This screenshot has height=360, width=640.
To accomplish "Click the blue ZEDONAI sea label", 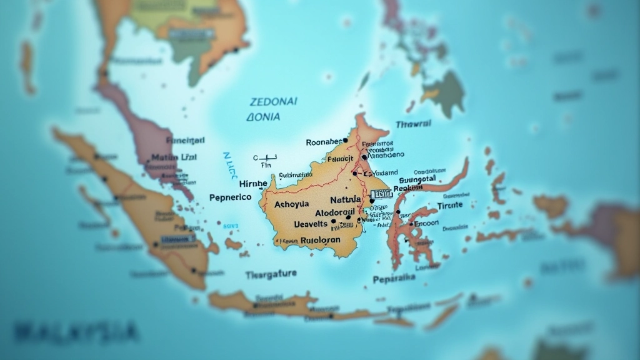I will click(274, 101).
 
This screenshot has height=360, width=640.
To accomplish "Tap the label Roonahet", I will click(324, 142).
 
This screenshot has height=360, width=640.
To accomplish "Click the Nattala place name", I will click(344, 200).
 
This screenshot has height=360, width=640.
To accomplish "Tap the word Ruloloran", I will click(321, 239).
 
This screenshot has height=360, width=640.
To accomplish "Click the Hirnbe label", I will click(252, 184).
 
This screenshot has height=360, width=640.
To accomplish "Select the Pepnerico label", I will click(230, 197).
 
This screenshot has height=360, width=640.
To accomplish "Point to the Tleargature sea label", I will click(271, 274).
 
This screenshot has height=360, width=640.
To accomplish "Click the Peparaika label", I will click(394, 279).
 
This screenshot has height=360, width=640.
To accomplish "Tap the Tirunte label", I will click(450, 205).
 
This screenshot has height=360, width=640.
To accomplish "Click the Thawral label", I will click(414, 124).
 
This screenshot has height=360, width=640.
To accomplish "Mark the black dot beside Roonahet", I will click(345, 141).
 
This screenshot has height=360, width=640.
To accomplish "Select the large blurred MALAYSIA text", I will click(75, 331).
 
